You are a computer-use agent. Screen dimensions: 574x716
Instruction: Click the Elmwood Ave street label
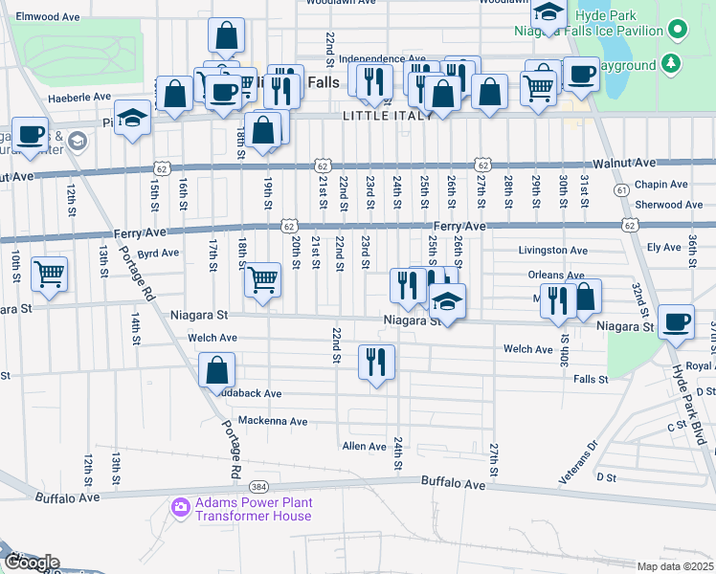[49, 17]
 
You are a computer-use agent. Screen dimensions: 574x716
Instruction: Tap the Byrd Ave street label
[158, 254]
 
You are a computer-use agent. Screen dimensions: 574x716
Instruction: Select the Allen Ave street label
[364, 447]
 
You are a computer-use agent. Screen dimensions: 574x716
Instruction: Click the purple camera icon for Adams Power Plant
[178, 506]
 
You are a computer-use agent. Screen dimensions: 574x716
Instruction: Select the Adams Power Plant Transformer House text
[253, 509]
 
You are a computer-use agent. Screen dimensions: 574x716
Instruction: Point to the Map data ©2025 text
[675, 566]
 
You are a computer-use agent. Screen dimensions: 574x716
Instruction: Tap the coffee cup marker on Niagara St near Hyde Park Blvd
[677, 320]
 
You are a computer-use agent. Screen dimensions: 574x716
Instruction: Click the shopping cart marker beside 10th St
[49, 274]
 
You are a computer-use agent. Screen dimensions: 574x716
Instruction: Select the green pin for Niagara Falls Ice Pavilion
[679, 29]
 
